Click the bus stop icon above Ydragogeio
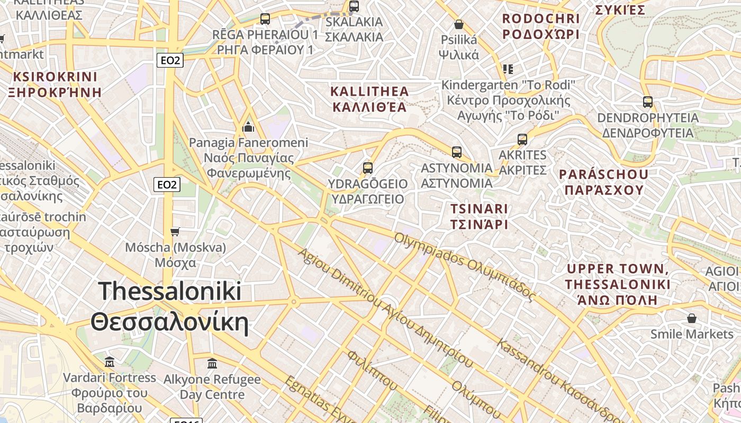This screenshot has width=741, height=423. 368,168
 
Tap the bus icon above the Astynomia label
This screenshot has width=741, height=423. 457,152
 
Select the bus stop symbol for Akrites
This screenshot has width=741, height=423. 522,140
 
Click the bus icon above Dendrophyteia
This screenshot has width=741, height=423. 647,102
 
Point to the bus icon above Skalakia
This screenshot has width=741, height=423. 354,6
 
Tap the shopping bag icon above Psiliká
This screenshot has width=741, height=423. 459,24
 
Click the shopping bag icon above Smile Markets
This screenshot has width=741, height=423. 691,318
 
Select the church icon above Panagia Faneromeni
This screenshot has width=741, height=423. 248,127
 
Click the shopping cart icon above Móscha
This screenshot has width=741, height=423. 175,232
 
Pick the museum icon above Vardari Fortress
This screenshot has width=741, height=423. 110,362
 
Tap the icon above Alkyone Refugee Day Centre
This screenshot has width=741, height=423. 212,363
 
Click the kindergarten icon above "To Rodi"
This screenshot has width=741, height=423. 508,69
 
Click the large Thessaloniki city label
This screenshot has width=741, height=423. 169,307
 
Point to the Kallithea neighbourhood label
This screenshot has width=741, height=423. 369,99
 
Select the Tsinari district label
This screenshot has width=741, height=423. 478,216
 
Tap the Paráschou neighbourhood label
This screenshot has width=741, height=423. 603,182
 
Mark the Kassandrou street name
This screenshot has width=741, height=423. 556,381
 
